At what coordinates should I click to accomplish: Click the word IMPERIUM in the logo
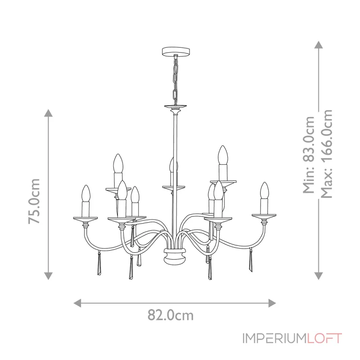(274, 338)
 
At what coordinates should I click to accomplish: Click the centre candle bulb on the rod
(171, 166)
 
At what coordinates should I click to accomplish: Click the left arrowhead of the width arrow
(77, 302)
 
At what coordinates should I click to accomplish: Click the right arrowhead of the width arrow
(272, 302)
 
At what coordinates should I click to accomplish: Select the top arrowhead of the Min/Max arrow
(319, 45)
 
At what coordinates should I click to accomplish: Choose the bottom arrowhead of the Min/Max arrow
(319, 275)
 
